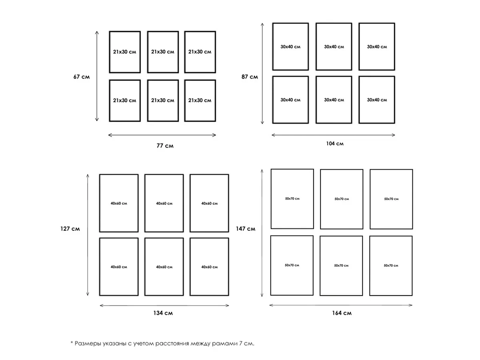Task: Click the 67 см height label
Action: pos(81,77)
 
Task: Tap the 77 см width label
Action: pos(165,146)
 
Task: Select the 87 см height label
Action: pos(250,77)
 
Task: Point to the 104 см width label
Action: pos(335,144)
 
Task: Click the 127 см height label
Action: pos(70,229)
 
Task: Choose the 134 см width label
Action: pos(163,313)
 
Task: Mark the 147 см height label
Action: pos(245,229)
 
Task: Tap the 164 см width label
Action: pos(342,313)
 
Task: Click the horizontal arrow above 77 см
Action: pos(162,135)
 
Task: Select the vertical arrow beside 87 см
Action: pos(262,74)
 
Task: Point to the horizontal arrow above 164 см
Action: pos(341,305)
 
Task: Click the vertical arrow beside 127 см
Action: pos(88,235)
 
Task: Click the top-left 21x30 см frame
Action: pos(109,52)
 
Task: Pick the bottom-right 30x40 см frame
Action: pos(359,100)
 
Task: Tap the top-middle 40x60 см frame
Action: pos(145,203)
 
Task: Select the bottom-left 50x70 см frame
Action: pos(271,265)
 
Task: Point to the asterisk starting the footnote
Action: pos(72,342)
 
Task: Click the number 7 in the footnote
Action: pos(240,343)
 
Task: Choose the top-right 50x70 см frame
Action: pos(370,199)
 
